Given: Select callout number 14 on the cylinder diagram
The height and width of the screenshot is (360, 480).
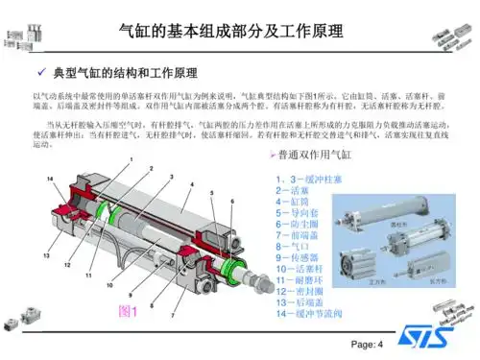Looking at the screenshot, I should coord(50,179).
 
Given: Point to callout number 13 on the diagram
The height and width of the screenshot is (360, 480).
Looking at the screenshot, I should coord(44,255).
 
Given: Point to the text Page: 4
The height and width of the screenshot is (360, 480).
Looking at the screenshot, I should coord(367,345).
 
